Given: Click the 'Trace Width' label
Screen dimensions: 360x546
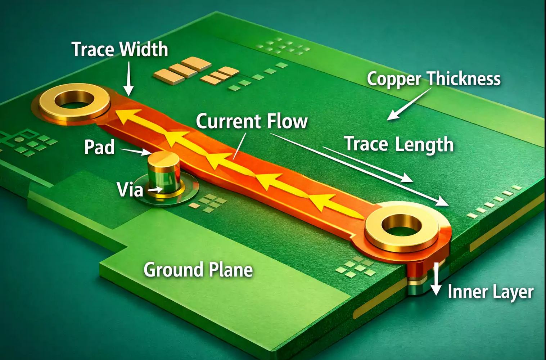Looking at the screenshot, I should tap(119, 49).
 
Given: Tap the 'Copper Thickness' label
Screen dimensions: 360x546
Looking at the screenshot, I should tap(433, 79).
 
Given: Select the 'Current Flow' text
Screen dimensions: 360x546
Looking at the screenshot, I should tap(252, 121).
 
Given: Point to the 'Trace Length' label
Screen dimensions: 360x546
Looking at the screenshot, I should tap(399, 144).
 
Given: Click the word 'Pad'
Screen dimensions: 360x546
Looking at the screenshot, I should tap(99, 147).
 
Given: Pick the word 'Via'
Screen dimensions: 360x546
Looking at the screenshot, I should tap(130, 189).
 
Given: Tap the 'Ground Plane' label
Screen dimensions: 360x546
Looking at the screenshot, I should tap(198, 270).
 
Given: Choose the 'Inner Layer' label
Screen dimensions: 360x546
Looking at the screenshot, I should tap(490, 292).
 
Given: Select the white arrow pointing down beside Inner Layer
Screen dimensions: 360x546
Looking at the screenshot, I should tap(436, 279).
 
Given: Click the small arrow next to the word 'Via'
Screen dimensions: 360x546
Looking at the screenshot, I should tap(155, 189).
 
